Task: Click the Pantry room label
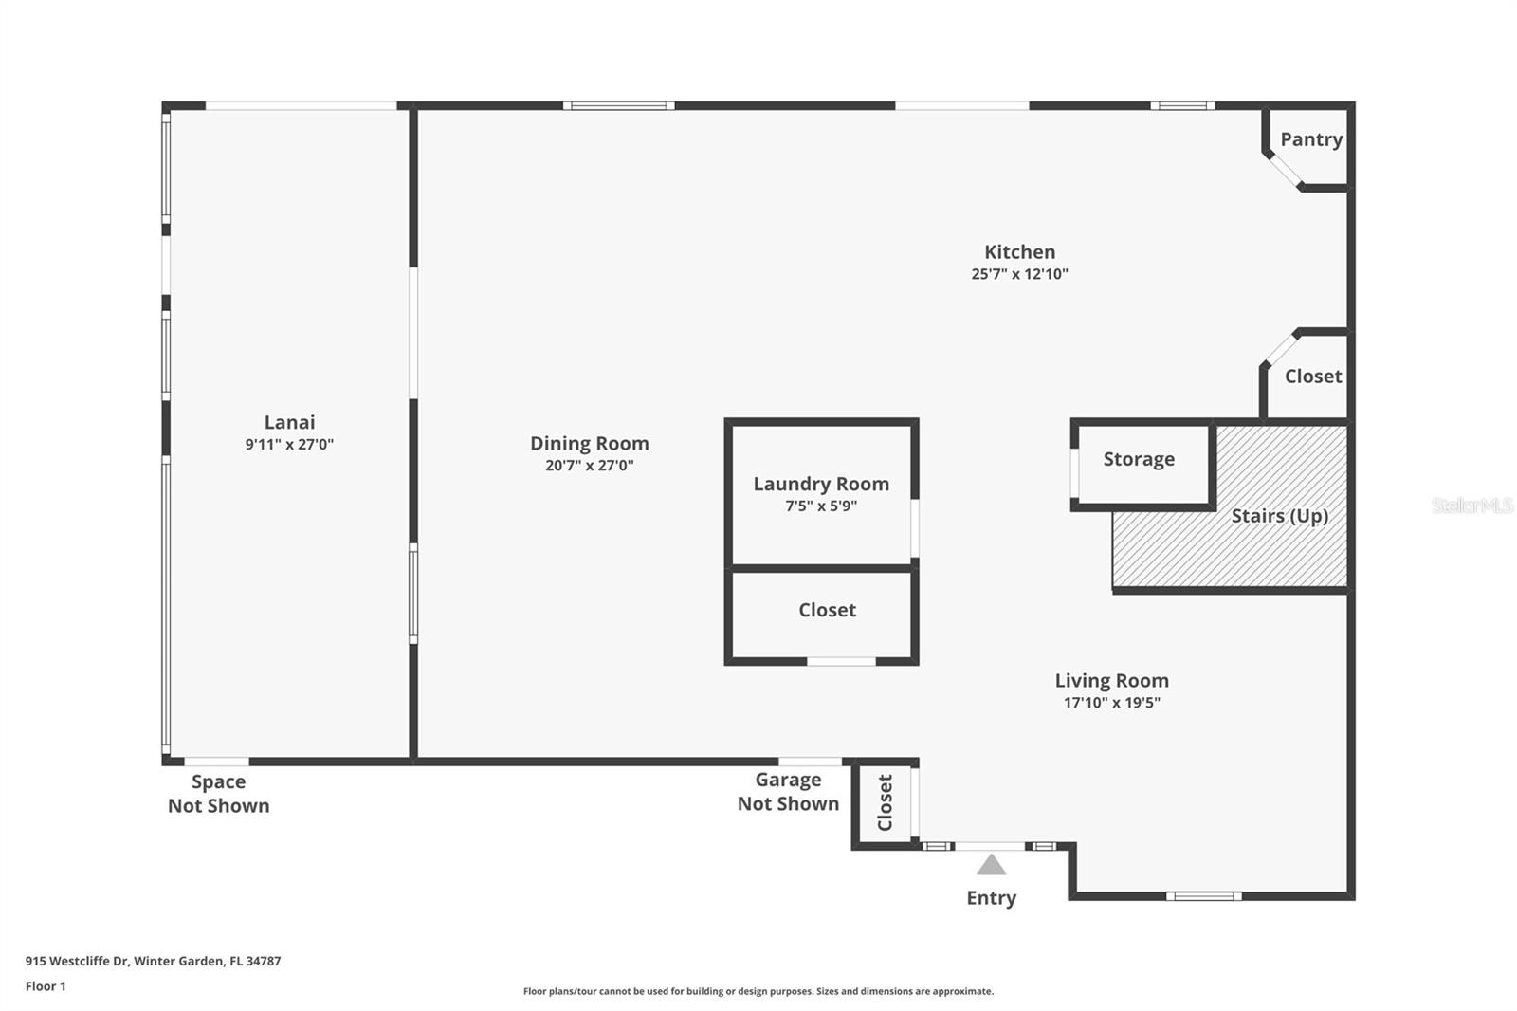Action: [x=1311, y=139]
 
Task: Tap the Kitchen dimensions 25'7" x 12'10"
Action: [x=1019, y=274]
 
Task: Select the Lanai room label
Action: [x=289, y=422]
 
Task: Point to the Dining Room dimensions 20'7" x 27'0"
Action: [x=589, y=465]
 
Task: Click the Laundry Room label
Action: [x=821, y=484]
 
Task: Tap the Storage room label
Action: [x=1139, y=459]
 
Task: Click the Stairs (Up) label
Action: [x=1279, y=516]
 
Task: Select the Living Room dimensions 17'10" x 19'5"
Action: [x=1111, y=702]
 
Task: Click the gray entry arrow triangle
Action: [x=991, y=865]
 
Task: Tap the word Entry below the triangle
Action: [x=991, y=898]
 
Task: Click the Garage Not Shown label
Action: [x=788, y=792]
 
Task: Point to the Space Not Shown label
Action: [x=218, y=794]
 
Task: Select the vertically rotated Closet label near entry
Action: [x=885, y=802]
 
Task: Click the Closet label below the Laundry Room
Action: [x=827, y=610]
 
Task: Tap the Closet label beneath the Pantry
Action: [x=1312, y=377]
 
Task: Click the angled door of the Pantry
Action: [x=1284, y=170]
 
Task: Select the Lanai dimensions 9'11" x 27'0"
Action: [x=289, y=445]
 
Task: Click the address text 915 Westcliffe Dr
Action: [x=77, y=961]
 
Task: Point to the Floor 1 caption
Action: [x=46, y=986]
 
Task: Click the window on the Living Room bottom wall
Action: [x=1203, y=896]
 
